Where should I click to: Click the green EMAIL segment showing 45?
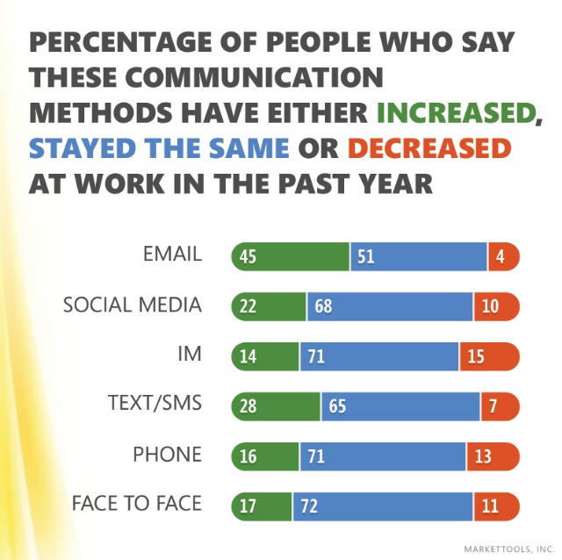point(290,256)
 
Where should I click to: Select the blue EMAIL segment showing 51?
point(419,256)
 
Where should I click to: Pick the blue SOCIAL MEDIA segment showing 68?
point(390,306)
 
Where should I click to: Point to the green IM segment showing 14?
point(264,356)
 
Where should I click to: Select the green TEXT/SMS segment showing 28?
point(276,406)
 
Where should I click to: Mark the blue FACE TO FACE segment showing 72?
point(383,506)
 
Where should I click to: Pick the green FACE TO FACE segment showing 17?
point(262,506)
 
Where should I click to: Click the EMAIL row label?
point(172,255)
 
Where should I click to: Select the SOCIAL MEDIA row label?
point(133,305)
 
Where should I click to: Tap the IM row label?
point(189,355)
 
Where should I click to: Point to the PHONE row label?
point(167,455)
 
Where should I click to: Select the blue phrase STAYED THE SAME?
point(159,147)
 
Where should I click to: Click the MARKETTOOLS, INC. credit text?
point(508,549)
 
